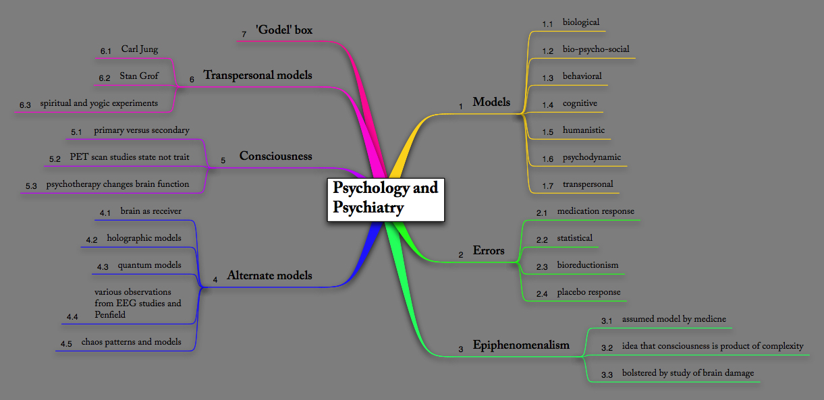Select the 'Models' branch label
(491, 102)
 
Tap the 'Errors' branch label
(488, 251)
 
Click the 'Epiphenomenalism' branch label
(520, 345)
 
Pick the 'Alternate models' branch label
(269, 275)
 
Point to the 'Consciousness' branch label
(275, 156)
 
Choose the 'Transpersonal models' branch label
(257, 75)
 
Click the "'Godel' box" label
(283, 30)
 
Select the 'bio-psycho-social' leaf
(596, 49)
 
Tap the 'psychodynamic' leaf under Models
(591, 157)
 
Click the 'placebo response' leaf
(588, 292)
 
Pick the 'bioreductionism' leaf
(587, 265)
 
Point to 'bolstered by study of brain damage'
(688, 373)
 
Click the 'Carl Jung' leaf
(140, 49)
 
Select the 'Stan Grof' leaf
(139, 76)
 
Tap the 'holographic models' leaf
(144, 238)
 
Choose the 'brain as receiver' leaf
(150, 211)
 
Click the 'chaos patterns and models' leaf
(131, 341)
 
